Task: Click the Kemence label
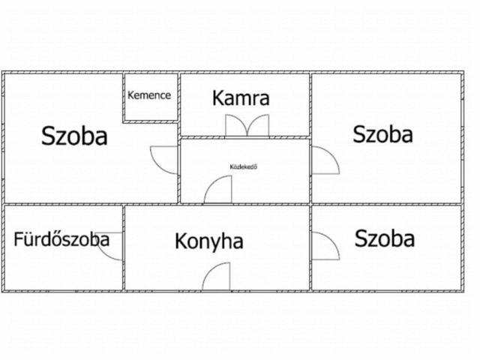click(x=149, y=95)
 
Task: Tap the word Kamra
click(x=241, y=97)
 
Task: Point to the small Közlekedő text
click(x=244, y=166)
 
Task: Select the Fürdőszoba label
click(x=61, y=240)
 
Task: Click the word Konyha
click(x=209, y=241)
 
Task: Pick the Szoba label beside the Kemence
click(x=74, y=136)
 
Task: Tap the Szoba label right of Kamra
click(x=382, y=134)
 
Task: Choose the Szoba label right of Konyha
click(x=385, y=239)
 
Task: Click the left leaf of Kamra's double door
click(x=236, y=126)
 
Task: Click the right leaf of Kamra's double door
click(x=258, y=126)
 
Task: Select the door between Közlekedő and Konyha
click(x=219, y=190)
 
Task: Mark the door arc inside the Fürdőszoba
click(x=111, y=246)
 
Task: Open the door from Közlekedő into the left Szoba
click(x=165, y=158)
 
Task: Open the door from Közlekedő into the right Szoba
click(x=325, y=160)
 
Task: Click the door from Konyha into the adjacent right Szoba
click(x=324, y=245)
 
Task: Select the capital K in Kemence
click(x=131, y=95)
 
